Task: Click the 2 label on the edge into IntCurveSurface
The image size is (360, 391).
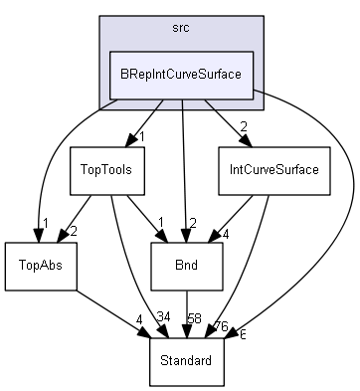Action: tap(244, 126)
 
